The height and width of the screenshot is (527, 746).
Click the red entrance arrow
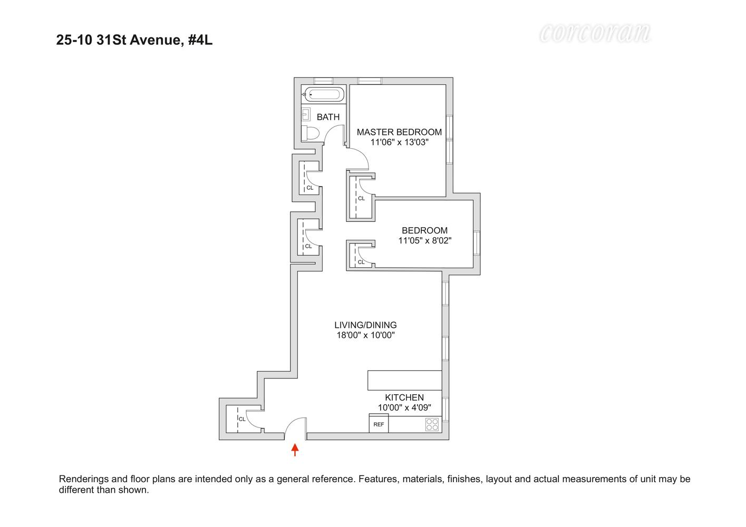295,450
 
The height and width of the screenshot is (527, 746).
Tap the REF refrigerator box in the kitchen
379,424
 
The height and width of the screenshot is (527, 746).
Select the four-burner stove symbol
432,425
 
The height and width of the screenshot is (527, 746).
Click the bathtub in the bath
323,95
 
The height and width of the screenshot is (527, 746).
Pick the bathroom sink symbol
306,114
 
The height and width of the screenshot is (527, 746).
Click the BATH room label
328,117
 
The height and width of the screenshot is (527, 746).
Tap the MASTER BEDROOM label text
399,132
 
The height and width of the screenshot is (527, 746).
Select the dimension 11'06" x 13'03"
399,142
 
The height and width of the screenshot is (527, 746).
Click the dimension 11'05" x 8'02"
424,241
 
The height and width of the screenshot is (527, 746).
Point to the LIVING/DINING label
365,325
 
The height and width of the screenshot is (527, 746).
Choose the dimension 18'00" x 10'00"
365,335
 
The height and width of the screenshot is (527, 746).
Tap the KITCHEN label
404,397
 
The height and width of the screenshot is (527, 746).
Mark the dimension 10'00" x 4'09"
404,407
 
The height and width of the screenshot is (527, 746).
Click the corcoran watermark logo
595,33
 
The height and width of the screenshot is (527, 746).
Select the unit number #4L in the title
200,40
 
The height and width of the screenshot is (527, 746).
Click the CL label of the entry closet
242,419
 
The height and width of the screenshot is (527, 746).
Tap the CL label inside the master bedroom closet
361,199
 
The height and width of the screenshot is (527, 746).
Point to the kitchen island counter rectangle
404,380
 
